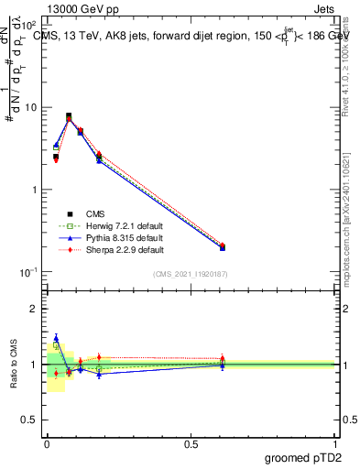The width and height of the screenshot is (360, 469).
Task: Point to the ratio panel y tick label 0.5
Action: pyautogui.click(x=28, y=420)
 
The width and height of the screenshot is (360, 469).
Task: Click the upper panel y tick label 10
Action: pyautogui.click(x=29, y=107)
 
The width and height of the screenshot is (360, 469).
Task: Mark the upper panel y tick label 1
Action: pyautogui.click(x=32, y=190)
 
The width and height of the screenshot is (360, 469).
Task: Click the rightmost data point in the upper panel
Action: pyautogui.click(x=223, y=246)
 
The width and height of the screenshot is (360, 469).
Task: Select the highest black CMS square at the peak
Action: pyautogui.click(x=69, y=116)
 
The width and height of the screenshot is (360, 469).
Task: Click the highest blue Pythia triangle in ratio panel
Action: pyautogui.click(x=56, y=338)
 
